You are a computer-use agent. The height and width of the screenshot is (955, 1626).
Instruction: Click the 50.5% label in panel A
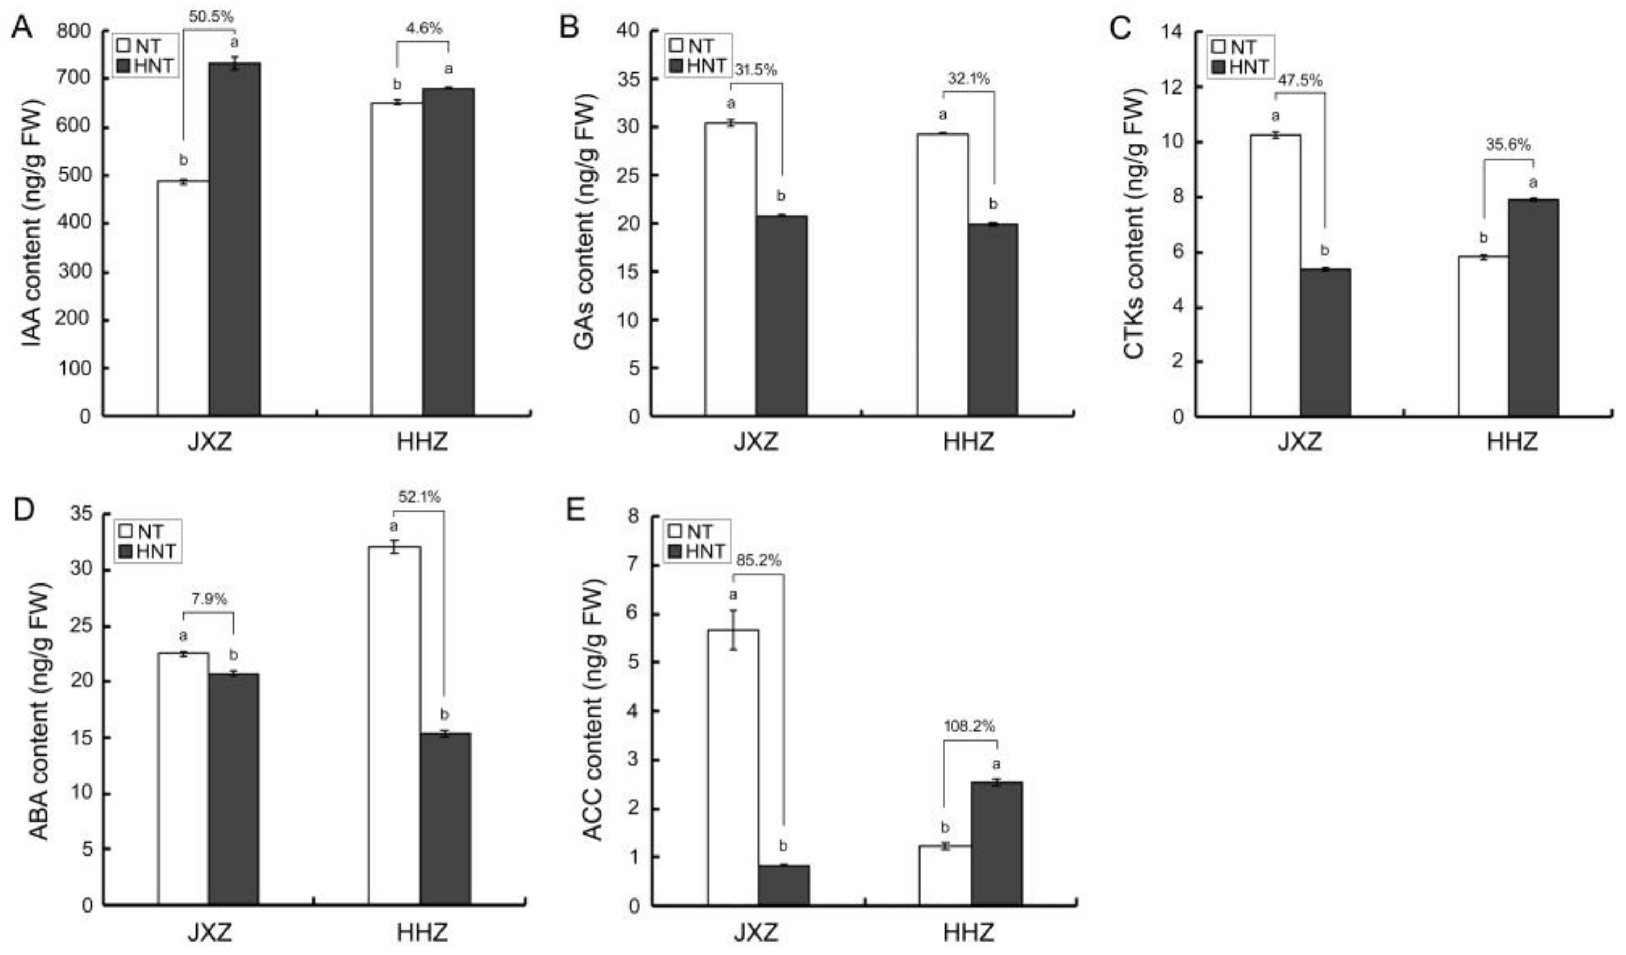pos(211,17)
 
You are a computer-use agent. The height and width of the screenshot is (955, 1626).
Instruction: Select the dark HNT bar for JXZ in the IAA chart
pos(234,239)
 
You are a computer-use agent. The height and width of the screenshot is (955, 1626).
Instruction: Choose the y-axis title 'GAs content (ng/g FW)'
pos(584,223)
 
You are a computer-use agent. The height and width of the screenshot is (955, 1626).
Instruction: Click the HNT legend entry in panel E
pos(700,552)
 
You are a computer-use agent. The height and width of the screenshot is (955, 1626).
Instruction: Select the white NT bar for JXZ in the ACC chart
pos(733,767)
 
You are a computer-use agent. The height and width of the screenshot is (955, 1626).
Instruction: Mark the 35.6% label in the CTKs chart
pos(1508,145)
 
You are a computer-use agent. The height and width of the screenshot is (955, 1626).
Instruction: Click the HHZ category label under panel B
pos(968,443)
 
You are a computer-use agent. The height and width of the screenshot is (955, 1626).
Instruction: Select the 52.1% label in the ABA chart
pos(419,497)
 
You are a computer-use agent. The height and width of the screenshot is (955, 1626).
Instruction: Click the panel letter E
pos(574,510)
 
